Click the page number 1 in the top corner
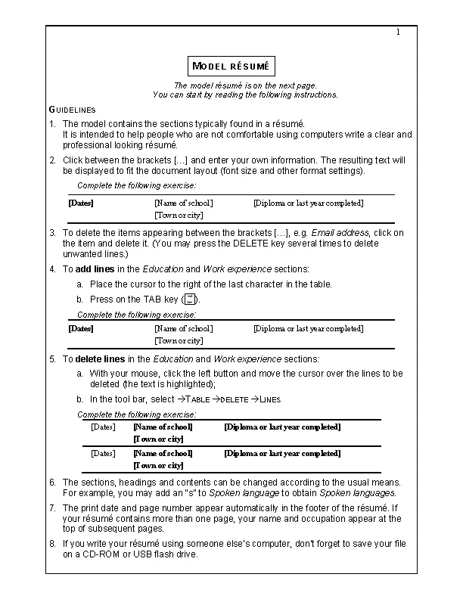[x=398, y=32]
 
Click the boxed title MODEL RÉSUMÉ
[x=231, y=66]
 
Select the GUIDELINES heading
[x=72, y=110]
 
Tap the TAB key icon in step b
[x=190, y=299]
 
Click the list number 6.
[x=52, y=482]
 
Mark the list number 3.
[x=52, y=233]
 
